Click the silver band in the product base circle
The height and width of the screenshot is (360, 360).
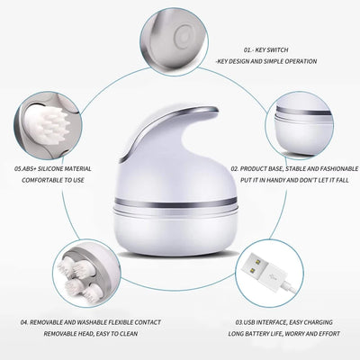tap(315, 116)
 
